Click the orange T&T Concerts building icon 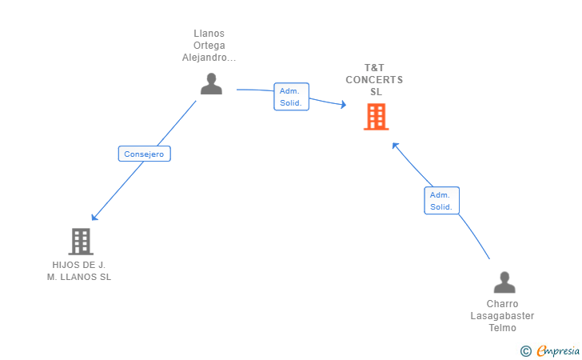(x=376, y=117)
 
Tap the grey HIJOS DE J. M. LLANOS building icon (x=81, y=242)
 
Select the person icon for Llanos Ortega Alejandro (x=211, y=83)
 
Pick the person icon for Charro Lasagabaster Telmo (x=504, y=282)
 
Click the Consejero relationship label (x=145, y=154)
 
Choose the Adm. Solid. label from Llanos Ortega (x=291, y=97)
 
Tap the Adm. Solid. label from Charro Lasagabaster (x=441, y=201)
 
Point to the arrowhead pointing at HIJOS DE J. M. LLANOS (x=94, y=218)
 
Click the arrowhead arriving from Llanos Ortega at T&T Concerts (x=344, y=105)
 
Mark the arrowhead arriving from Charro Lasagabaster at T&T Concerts (x=395, y=146)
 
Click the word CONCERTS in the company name (x=374, y=80)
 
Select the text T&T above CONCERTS (x=374, y=68)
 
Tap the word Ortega (x=209, y=46)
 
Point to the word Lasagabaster (x=502, y=316)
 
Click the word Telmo (x=502, y=328)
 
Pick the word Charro (x=502, y=304)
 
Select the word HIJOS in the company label (x=63, y=265)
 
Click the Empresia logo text (x=558, y=350)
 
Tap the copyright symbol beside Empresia (x=526, y=351)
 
